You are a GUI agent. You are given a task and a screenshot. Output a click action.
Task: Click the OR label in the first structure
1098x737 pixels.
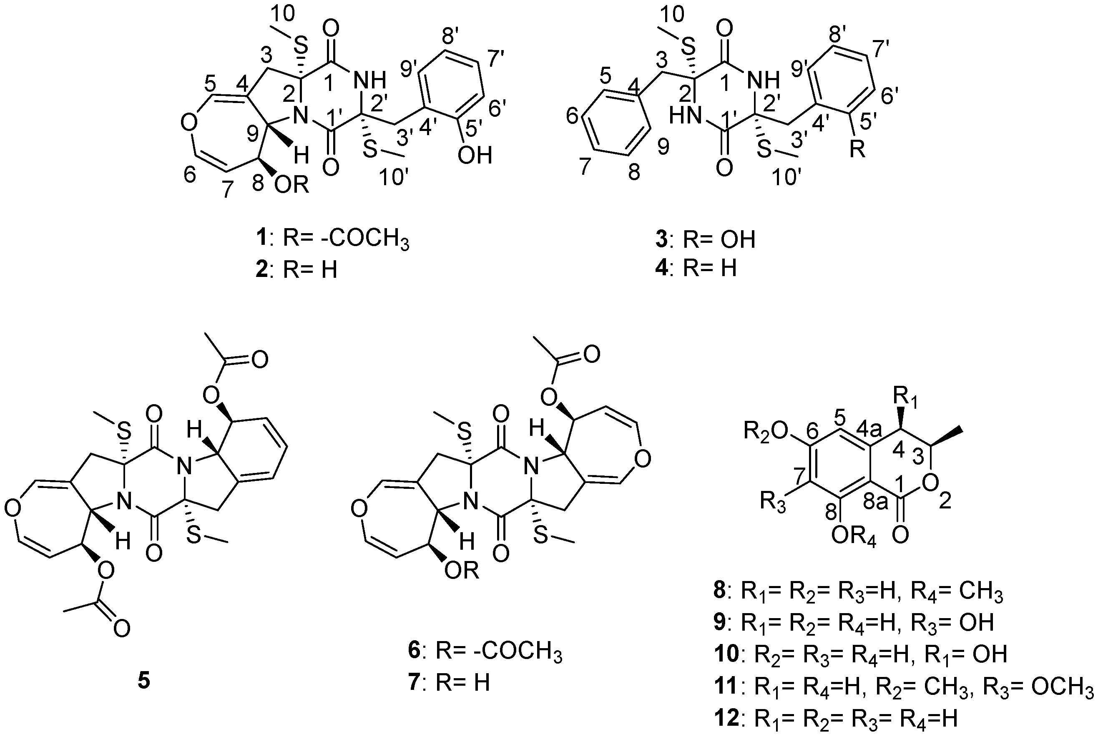click(x=292, y=186)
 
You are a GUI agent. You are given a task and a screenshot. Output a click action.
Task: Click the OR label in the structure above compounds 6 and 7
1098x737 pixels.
click(x=462, y=571)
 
